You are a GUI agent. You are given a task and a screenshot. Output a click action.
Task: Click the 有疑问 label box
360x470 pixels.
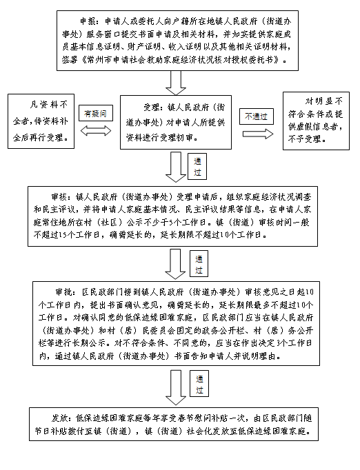[x=96, y=113]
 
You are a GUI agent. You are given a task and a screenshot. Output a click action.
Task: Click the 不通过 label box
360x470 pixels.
[x=256, y=116]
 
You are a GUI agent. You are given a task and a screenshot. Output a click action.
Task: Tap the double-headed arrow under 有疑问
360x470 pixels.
[x=96, y=131]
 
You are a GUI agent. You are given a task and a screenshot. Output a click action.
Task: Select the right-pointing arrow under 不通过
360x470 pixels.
[x=258, y=134]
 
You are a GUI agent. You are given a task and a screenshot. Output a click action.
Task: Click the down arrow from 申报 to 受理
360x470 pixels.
[x=176, y=83]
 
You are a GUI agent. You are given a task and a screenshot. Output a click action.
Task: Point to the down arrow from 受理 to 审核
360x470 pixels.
[x=176, y=167]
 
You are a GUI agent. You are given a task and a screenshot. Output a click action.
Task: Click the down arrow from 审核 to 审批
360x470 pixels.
[x=175, y=264]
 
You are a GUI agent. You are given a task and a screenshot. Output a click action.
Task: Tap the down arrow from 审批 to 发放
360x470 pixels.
[x=176, y=387]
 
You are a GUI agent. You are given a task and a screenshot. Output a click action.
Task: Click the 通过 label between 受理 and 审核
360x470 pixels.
[x=197, y=167]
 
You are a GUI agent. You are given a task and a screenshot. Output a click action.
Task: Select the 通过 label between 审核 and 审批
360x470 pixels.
[x=199, y=264]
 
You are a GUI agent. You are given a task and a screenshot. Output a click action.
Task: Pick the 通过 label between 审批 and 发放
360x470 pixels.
[x=199, y=384]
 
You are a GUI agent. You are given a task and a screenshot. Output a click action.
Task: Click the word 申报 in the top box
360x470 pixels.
[x=88, y=21]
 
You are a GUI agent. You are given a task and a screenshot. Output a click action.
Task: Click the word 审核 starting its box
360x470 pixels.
[x=59, y=197]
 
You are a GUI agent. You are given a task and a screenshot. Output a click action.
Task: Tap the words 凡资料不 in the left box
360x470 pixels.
[x=48, y=105]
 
